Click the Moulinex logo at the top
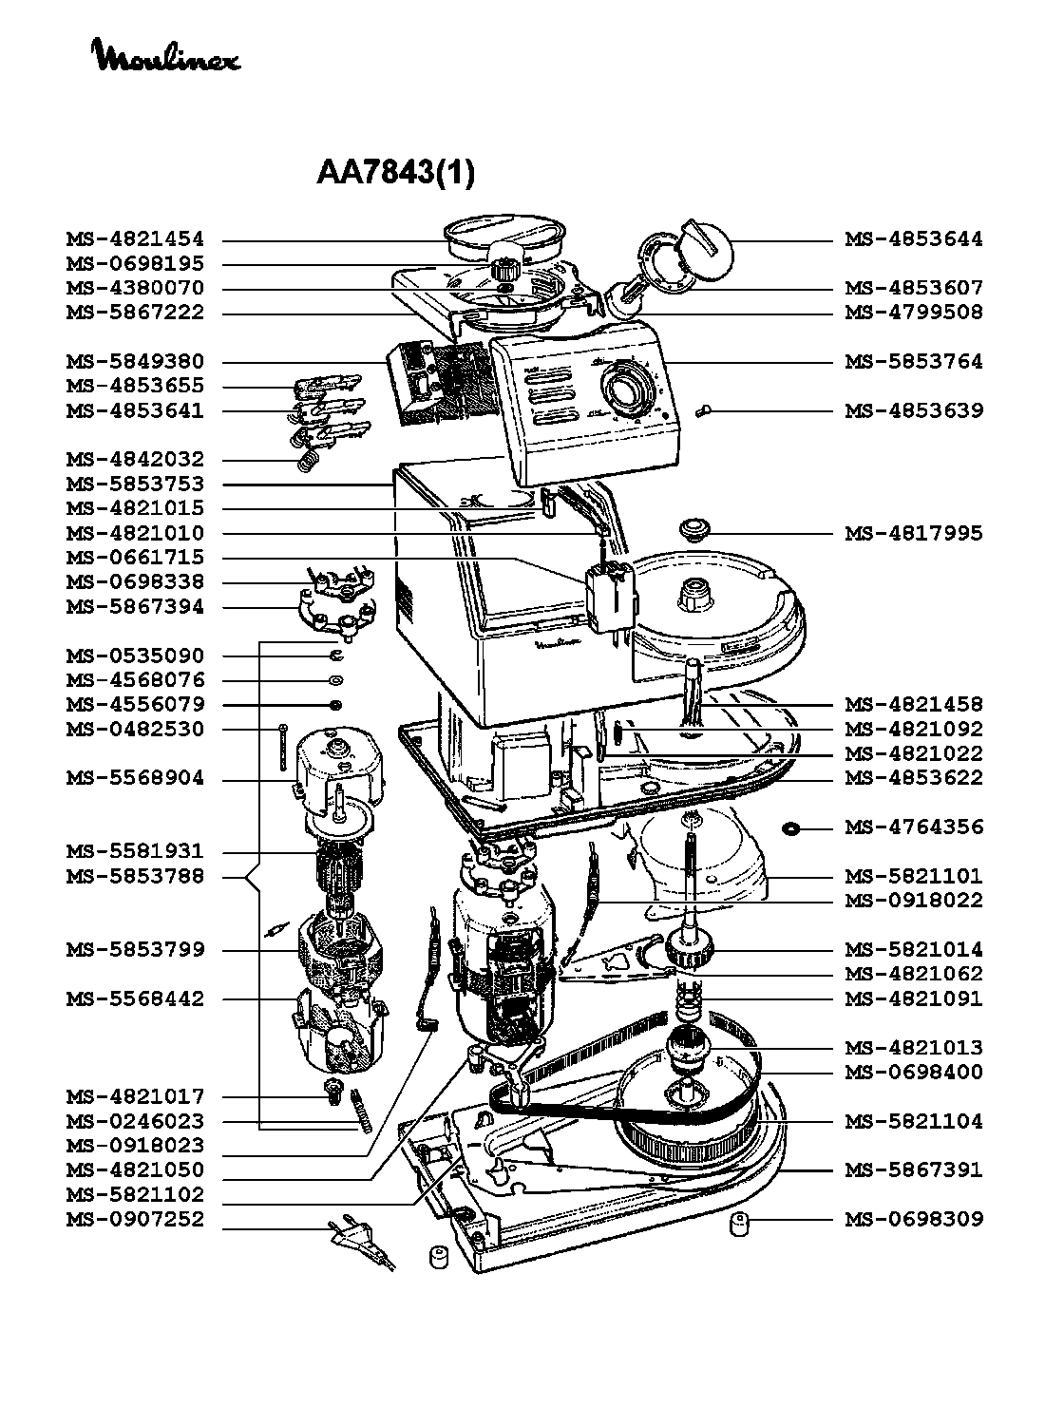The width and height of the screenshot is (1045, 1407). tap(166, 55)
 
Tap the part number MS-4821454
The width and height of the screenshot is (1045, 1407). tap(135, 239)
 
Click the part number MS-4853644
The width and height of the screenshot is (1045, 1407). tap(914, 239)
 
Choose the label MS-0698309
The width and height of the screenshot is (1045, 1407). tap(914, 1219)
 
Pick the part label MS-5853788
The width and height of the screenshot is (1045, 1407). tap(135, 876)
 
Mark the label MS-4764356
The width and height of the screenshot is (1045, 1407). tap(914, 827)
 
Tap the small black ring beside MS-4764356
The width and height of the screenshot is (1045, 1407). tap(790, 828)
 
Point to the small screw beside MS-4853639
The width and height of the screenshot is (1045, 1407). tap(702, 411)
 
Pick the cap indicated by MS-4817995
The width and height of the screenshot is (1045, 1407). tap(694, 530)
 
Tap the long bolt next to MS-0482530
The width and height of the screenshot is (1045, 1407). tap(283, 748)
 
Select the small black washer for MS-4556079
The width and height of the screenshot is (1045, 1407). tap(336, 705)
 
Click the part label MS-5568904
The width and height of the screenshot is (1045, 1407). tap(135, 778)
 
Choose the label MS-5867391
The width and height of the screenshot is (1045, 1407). tap(914, 1169)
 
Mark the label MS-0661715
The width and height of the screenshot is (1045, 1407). tap(135, 558)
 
